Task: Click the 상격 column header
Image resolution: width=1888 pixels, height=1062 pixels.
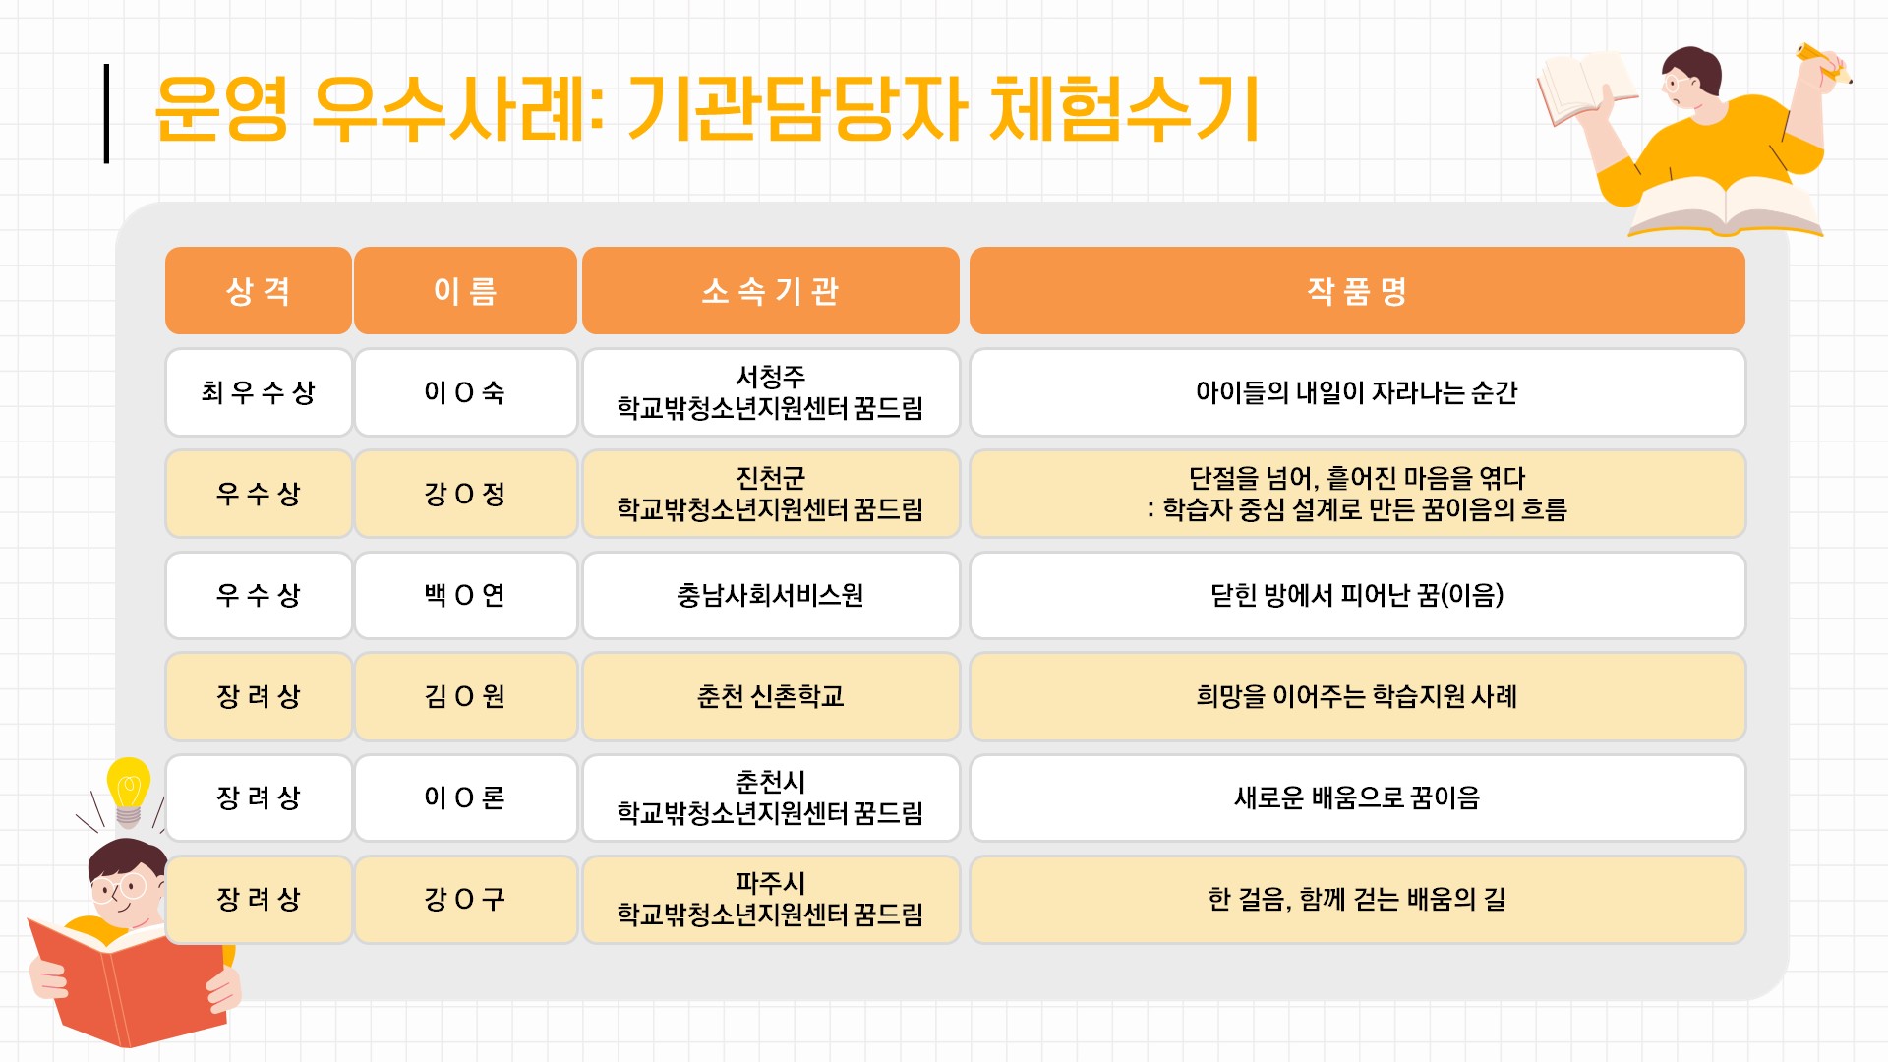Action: (259, 291)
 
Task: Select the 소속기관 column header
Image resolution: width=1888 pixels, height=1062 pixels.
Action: (770, 291)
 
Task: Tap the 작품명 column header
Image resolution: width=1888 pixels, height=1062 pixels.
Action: (1357, 291)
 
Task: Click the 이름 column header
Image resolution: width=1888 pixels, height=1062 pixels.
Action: (465, 291)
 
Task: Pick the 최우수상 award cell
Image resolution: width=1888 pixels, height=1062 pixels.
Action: (259, 392)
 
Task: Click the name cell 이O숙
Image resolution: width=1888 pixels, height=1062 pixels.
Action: (465, 392)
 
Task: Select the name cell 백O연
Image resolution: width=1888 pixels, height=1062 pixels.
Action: (465, 595)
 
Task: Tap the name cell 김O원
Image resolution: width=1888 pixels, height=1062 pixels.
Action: (465, 696)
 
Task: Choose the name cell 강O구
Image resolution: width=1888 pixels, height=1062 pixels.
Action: (465, 899)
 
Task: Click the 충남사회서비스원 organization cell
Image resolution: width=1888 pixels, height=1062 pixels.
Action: (770, 595)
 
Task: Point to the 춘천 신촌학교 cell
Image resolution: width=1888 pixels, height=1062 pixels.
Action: (770, 696)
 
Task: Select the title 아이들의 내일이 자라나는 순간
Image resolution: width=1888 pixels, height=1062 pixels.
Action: (1357, 392)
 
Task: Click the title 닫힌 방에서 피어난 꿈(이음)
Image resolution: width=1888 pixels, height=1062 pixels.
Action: (1357, 595)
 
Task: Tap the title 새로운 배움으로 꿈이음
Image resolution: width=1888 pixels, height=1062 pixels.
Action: (1357, 797)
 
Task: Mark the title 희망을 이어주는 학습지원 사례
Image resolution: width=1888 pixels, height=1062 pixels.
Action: (1357, 696)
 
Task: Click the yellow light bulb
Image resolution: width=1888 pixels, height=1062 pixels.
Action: (128, 791)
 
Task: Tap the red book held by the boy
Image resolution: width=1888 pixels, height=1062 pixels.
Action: (128, 978)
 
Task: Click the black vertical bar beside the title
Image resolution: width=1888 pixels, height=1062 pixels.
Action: (106, 113)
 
